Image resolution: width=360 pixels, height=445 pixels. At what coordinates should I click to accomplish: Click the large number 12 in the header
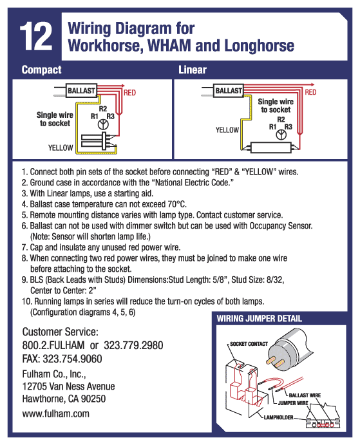pos(36,37)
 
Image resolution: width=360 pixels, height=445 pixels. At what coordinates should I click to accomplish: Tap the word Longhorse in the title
pos(259,46)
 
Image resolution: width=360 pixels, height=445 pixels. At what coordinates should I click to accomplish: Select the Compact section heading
pos(41,70)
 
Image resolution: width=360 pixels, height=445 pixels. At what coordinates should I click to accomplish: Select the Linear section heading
pos(193,70)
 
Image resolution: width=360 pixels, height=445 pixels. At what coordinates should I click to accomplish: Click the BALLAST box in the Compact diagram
pos(81,91)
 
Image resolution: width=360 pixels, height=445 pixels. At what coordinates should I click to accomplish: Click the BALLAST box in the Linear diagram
pos(229,91)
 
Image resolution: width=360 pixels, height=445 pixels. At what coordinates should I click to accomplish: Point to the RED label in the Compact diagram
pos(129,93)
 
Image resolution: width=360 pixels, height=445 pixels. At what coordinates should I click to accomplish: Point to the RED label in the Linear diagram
pos(310,92)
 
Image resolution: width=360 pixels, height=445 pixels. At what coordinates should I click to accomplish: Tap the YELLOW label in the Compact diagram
pos(61,148)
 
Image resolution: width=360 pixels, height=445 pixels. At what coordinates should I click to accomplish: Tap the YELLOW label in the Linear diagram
pos(227,130)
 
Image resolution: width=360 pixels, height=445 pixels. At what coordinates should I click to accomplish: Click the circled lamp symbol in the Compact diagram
pos(103,124)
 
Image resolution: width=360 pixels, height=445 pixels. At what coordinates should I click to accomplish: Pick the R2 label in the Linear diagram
pos(281,120)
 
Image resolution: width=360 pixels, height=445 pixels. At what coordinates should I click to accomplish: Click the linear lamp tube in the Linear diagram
pos(271,147)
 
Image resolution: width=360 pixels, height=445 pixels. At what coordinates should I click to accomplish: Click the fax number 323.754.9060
pos(72,359)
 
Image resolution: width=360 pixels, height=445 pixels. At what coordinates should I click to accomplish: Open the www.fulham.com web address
pos(55,414)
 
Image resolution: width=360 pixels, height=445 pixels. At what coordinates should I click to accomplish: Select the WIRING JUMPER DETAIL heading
pos(259,319)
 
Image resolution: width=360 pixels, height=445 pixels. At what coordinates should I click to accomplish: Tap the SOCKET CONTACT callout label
pos(249,344)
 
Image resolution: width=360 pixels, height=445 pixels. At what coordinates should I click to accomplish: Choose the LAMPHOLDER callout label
pos(278,417)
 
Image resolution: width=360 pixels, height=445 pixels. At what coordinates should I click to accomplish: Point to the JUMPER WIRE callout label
pos(293,403)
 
